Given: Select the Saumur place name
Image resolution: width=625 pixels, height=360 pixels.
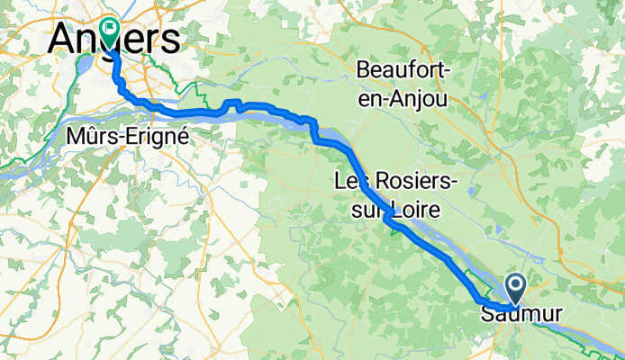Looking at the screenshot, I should (x=521, y=314).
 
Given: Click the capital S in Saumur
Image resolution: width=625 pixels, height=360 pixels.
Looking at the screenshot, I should (x=487, y=314).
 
